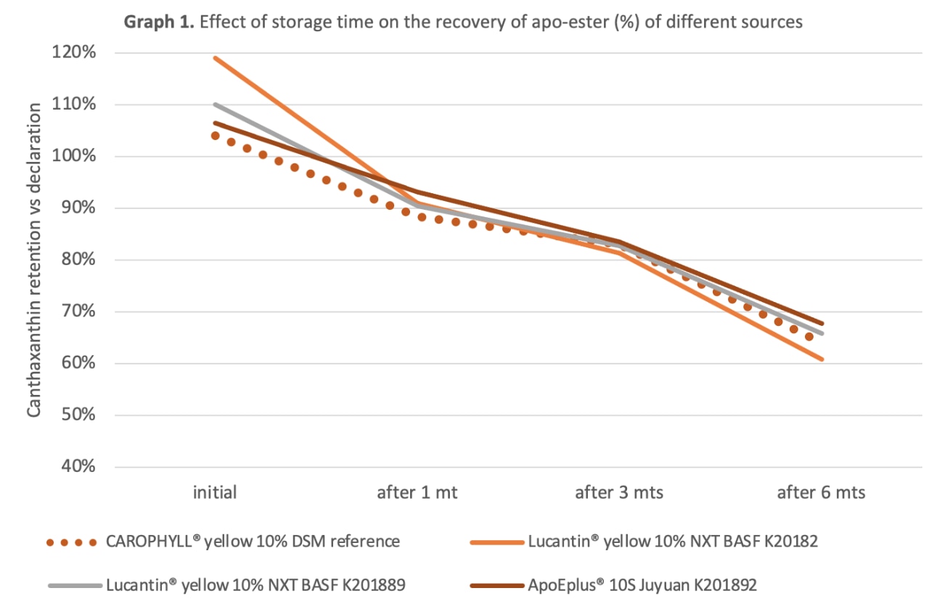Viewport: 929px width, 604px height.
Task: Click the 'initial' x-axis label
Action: (x=215, y=492)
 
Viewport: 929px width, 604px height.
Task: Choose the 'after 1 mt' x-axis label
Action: (x=417, y=492)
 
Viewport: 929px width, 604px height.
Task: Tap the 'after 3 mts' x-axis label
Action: (x=619, y=492)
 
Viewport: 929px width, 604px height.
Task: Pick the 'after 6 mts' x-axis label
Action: (x=822, y=492)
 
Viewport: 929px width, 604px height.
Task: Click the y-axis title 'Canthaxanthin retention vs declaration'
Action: (x=34, y=264)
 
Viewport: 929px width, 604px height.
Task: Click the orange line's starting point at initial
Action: (x=215, y=57)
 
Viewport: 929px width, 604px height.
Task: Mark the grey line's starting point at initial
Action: (x=215, y=104)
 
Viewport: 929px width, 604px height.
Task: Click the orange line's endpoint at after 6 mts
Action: (x=822, y=359)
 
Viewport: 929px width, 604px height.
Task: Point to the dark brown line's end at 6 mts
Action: (x=822, y=324)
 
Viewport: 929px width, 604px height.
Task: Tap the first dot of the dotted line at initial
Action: (x=215, y=136)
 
